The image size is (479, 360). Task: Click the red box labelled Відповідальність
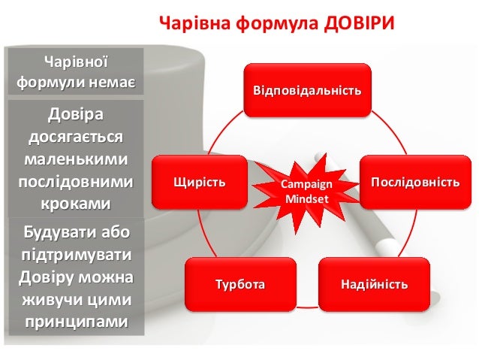coord(307,91)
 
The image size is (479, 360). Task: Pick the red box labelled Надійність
coord(374,284)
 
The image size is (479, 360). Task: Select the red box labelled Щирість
coord(199,182)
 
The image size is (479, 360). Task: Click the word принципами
coord(74,322)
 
